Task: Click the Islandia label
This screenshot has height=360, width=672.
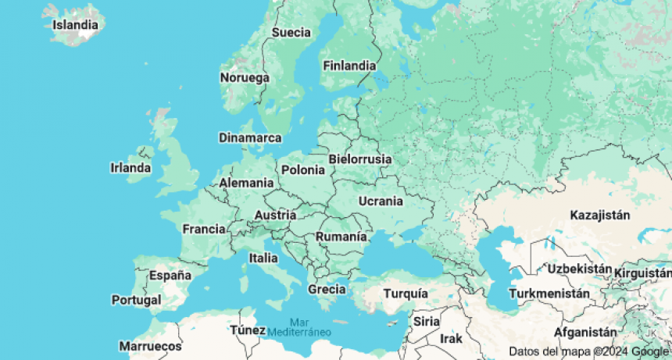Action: tap(75, 24)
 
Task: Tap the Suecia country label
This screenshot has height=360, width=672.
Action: tap(291, 33)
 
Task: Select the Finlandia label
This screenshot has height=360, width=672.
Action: tap(349, 66)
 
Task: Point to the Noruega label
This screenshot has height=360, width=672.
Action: tap(245, 78)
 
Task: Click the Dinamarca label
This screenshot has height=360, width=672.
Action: tap(250, 137)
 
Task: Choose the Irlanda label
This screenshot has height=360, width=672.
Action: tap(130, 168)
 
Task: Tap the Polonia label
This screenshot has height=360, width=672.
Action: tap(302, 169)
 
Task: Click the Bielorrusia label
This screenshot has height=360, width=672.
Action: tap(359, 159)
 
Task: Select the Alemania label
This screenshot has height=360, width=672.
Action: tap(246, 184)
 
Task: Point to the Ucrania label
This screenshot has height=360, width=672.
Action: tap(381, 201)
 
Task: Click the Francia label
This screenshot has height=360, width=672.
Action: tap(204, 230)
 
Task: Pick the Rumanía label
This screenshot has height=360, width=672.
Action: tap(341, 237)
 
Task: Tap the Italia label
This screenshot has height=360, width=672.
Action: tap(263, 258)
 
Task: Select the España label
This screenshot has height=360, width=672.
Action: tap(170, 275)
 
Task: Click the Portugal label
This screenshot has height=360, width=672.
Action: tap(136, 300)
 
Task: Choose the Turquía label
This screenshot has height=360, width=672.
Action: tap(406, 294)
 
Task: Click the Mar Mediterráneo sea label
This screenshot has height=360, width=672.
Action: tap(299, 327)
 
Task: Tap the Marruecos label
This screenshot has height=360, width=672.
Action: tap(150, 346)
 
